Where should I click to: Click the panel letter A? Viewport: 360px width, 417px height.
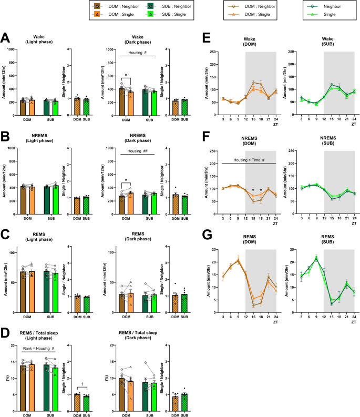(6, 38)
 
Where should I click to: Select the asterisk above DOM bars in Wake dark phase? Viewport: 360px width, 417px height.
(126, 75)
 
